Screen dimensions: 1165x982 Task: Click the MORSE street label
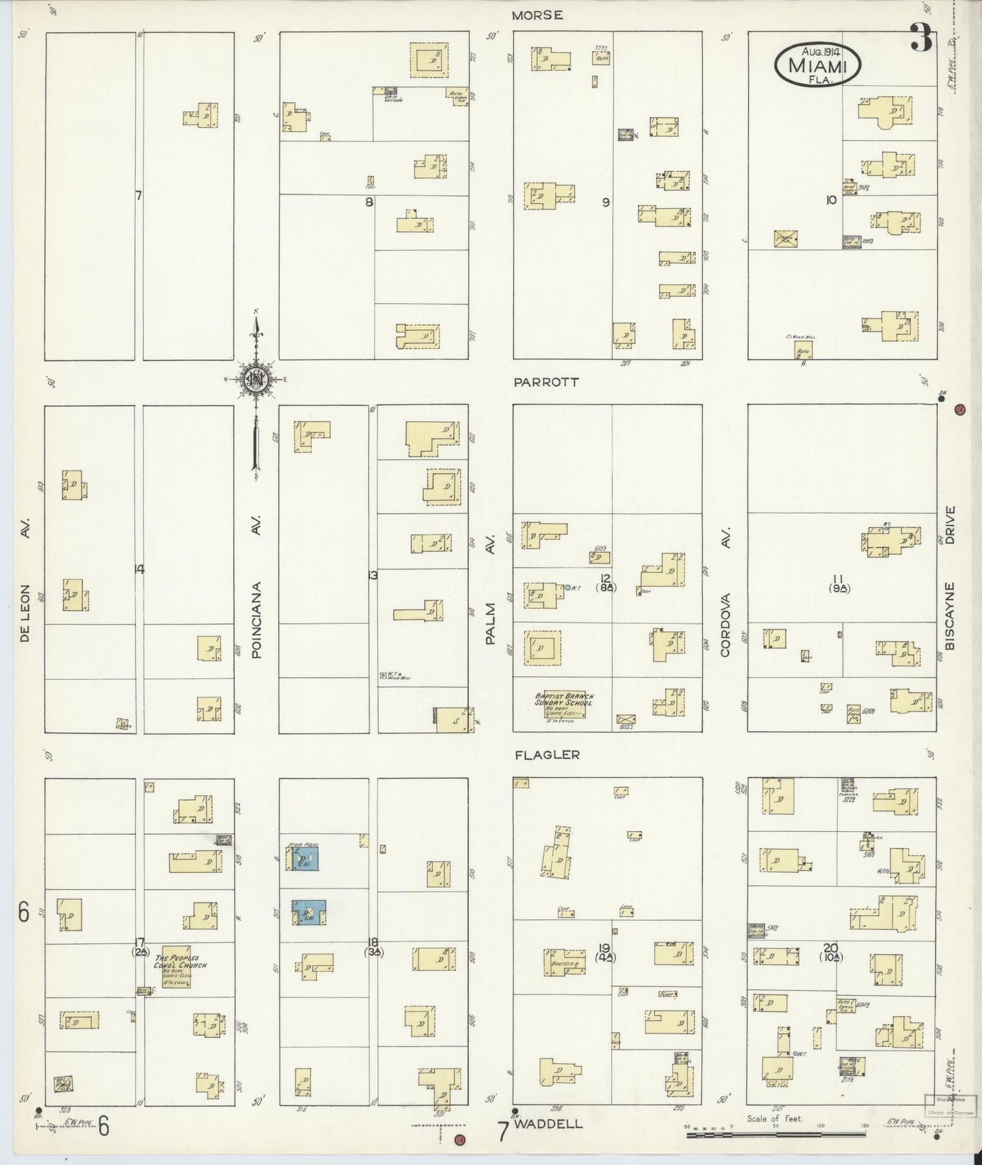point(538,16)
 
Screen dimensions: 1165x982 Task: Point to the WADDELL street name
point(548,1124)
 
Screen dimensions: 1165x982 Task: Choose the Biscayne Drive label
point(950,577)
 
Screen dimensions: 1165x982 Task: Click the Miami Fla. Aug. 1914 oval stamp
point(818,65)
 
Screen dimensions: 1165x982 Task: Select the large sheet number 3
point(922,37)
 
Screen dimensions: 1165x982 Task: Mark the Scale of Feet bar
point(775,1134)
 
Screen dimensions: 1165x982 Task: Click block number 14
point(139,570)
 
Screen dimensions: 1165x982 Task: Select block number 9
point(606,202)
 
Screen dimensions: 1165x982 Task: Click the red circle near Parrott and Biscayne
point(960,409)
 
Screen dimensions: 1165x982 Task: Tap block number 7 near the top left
point(138,196)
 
